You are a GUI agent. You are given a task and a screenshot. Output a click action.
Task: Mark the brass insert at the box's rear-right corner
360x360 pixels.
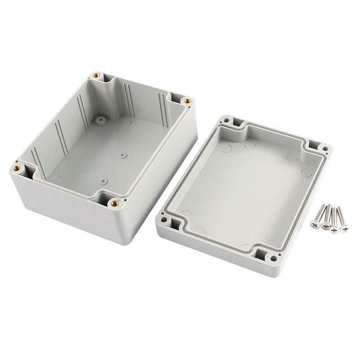188,100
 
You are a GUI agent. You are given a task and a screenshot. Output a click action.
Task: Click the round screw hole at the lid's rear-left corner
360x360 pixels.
226,120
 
